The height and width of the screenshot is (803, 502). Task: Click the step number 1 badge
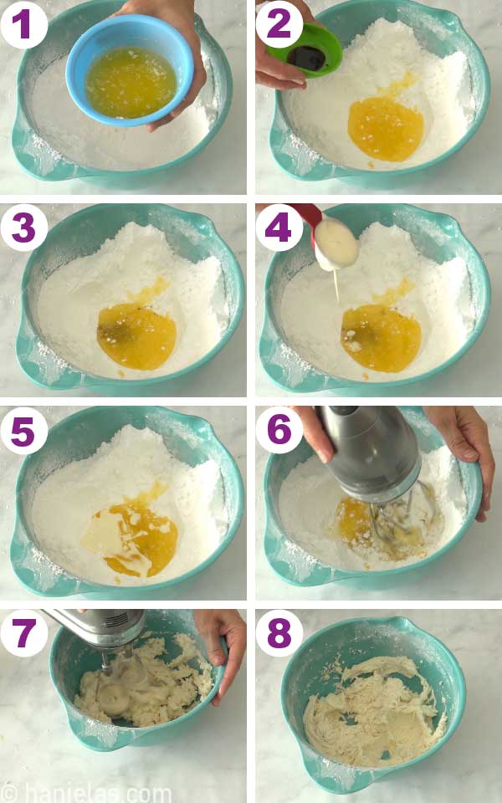[x=23, y=23]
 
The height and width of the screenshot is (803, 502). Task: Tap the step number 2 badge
[x=279, y=23]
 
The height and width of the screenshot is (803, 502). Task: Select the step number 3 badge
[x=23, y=227]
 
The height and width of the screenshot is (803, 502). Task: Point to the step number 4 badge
[x=279, y=227]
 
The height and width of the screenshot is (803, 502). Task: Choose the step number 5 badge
[x=23, y=430]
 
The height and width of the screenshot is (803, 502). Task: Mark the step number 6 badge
[x=279, y=430]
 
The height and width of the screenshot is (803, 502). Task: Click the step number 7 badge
[x=23, y=633]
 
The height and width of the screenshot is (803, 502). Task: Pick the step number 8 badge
[x=279, y=633]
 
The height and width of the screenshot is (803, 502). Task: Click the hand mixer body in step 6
[x=368, y=452]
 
